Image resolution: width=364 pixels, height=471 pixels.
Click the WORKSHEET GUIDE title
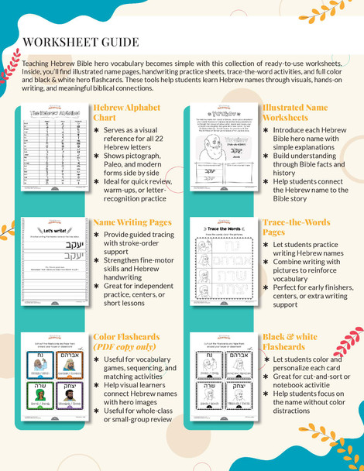[81, 42]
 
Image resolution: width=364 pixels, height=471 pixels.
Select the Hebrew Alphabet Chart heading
[125, 112]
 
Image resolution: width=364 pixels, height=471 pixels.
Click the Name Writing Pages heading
[132, 222]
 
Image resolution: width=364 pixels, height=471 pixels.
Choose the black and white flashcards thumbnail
[224, 381]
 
